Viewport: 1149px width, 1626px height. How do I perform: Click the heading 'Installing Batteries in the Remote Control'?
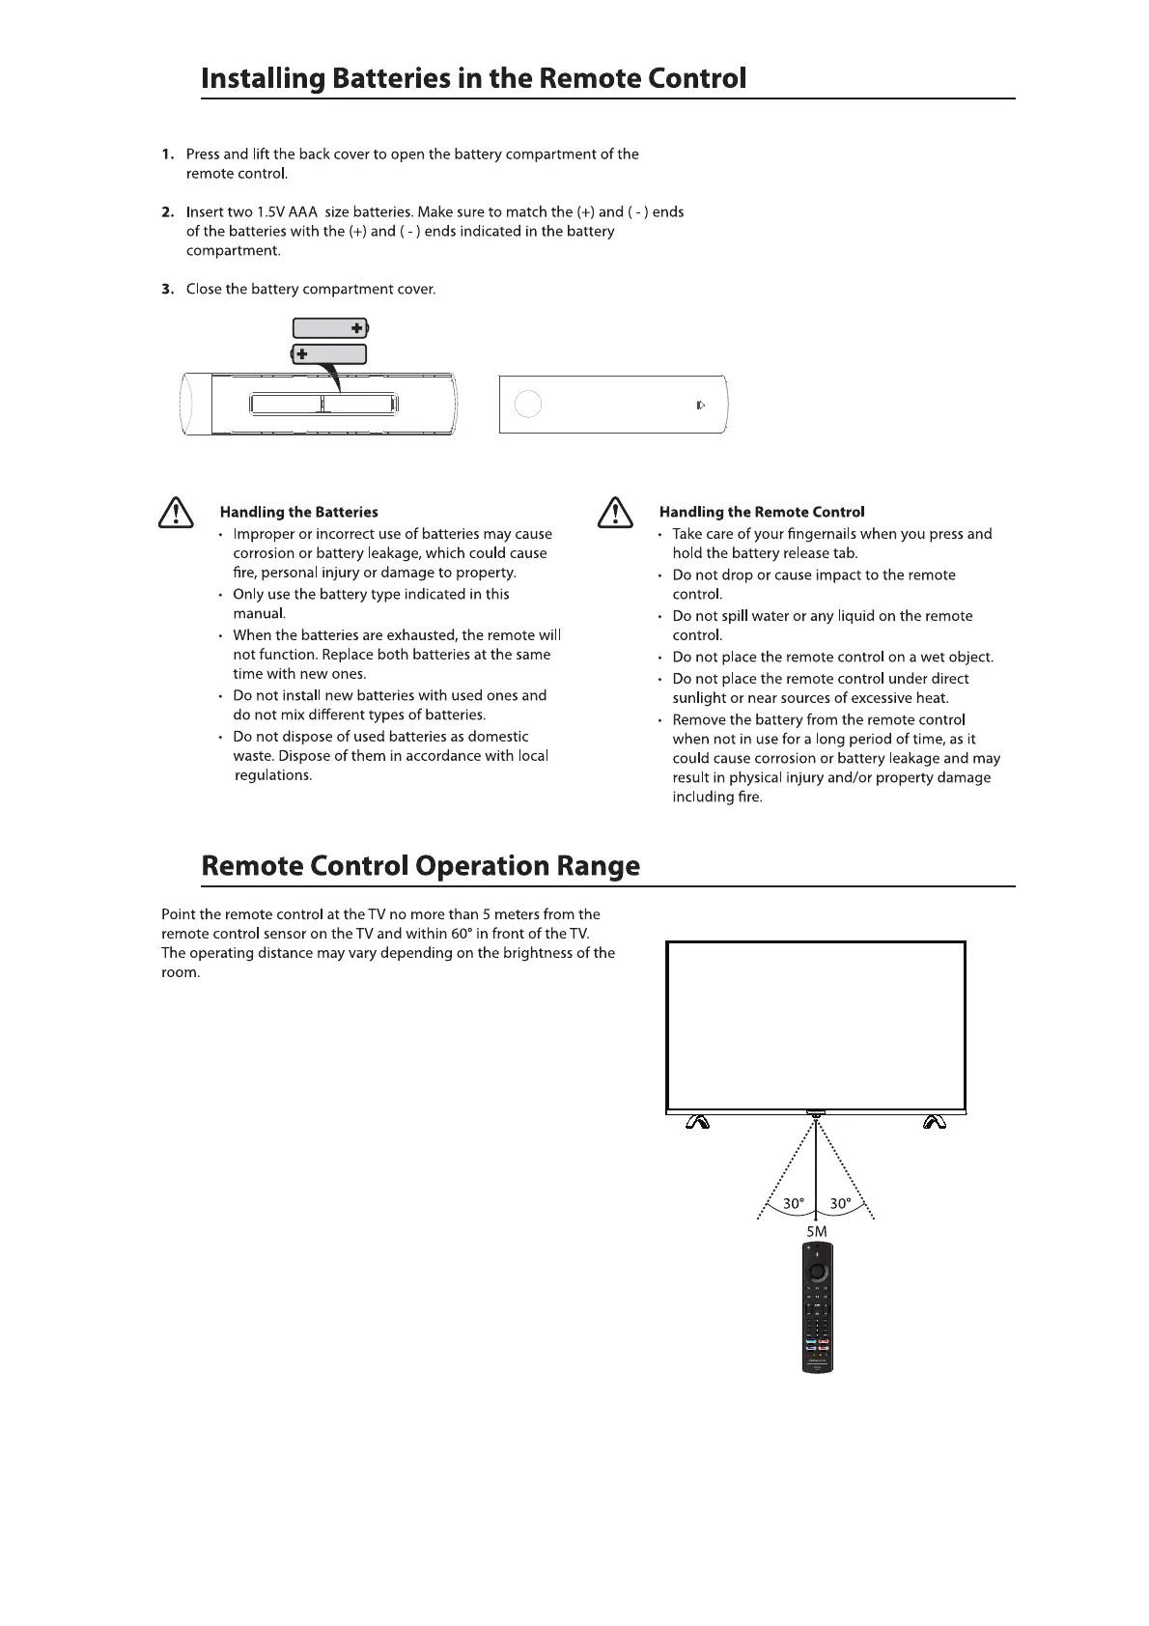pos(473,78)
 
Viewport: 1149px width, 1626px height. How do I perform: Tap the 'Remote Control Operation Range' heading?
pos(420,865)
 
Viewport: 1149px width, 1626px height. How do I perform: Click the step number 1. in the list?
pos(168,154)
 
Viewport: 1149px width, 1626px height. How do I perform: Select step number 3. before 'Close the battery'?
pos(168,290)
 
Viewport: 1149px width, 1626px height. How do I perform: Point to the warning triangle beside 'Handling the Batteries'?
pos(176,512)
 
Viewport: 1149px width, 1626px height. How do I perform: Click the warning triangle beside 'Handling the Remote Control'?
pos(615,512)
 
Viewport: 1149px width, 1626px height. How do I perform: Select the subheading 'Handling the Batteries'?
pos(298,513)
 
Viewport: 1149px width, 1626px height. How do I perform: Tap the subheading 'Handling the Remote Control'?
pos(761,513)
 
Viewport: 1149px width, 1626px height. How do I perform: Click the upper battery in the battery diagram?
pos(330,328)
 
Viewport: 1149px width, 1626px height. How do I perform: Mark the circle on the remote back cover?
pos(527,405)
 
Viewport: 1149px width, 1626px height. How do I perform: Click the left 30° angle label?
pos(793,1204)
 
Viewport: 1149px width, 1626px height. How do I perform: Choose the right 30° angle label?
pos(840,1204)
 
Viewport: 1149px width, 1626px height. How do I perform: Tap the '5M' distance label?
pos(817,1231)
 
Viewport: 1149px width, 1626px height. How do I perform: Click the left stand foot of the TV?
pos(697,1122)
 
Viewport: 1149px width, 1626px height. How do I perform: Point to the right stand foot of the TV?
pos(933,1122)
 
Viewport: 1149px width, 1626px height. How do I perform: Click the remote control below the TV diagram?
pos(817,1307)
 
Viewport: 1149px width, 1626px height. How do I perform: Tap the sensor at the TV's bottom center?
pos(816,1113)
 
